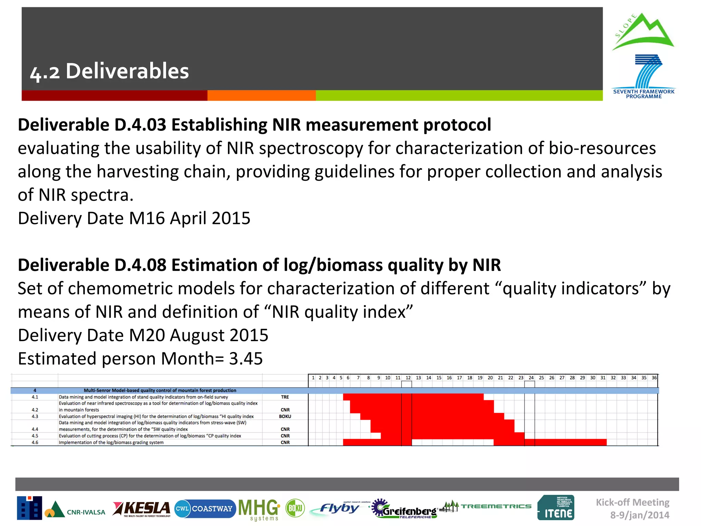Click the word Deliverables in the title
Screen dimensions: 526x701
[x=127, y=71]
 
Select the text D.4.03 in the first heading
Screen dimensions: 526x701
[x=140, y=125]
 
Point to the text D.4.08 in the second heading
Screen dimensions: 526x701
[x=140, y=265]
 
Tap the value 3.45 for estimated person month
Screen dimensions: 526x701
[x=246, y=359]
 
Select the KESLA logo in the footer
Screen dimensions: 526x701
[x=142, y=509]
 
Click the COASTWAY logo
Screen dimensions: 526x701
[x=205, y=509]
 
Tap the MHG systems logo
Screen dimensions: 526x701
[x=259, y=509]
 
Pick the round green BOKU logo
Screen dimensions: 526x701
[x=295, y=508]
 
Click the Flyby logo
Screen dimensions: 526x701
[x=339, y=508]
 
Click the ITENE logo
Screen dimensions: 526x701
[x=556, y=508]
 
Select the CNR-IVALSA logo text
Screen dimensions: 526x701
[x=86, y=512]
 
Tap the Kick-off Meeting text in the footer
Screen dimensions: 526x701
[x=633, y=502]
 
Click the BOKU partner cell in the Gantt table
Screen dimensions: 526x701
[x=285, y=416]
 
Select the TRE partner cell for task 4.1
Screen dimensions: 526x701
[x=285, y=397]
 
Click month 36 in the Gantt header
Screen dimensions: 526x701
[x=654, y=378]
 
